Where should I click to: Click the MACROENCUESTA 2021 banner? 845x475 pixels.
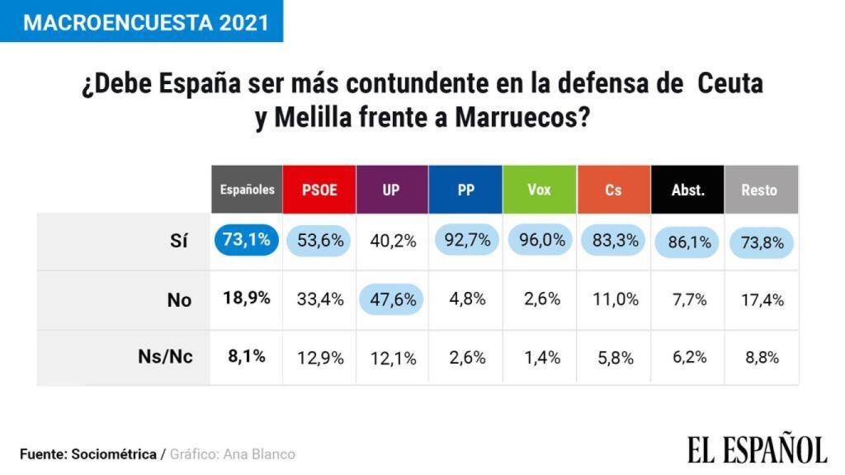click(x=141, y=21)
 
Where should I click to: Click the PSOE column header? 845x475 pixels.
click(x=319, y=190)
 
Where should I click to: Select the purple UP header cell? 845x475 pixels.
click(x=391, y=190)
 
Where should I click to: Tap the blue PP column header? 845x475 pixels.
click(x=465, y=190)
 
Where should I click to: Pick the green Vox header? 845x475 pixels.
click(x=539, y=190)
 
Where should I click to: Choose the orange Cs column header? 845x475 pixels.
click(x=613, y=190)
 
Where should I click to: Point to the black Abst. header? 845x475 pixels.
click(x=687, y=190)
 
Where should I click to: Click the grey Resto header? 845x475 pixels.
click(x=760, y=190)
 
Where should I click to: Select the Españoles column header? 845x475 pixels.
click(x=247, y=190)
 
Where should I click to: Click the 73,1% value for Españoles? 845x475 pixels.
click(x=246, y=240)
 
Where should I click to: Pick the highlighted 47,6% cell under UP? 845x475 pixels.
click(x=391, y=299)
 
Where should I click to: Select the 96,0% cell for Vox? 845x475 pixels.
click(x=542, y=241)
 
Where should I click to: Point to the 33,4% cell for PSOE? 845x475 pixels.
click(x=320, y=299)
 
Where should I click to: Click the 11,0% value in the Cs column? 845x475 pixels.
click(x=615, y=299)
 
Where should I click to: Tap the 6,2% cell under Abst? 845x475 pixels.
click(x=688, y=358)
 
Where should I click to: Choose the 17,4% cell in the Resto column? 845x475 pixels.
click(x=762, y=299)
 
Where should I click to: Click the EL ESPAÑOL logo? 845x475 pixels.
click(x=757, y=449)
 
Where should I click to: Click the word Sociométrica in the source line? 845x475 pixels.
click(x=114, y=454)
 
